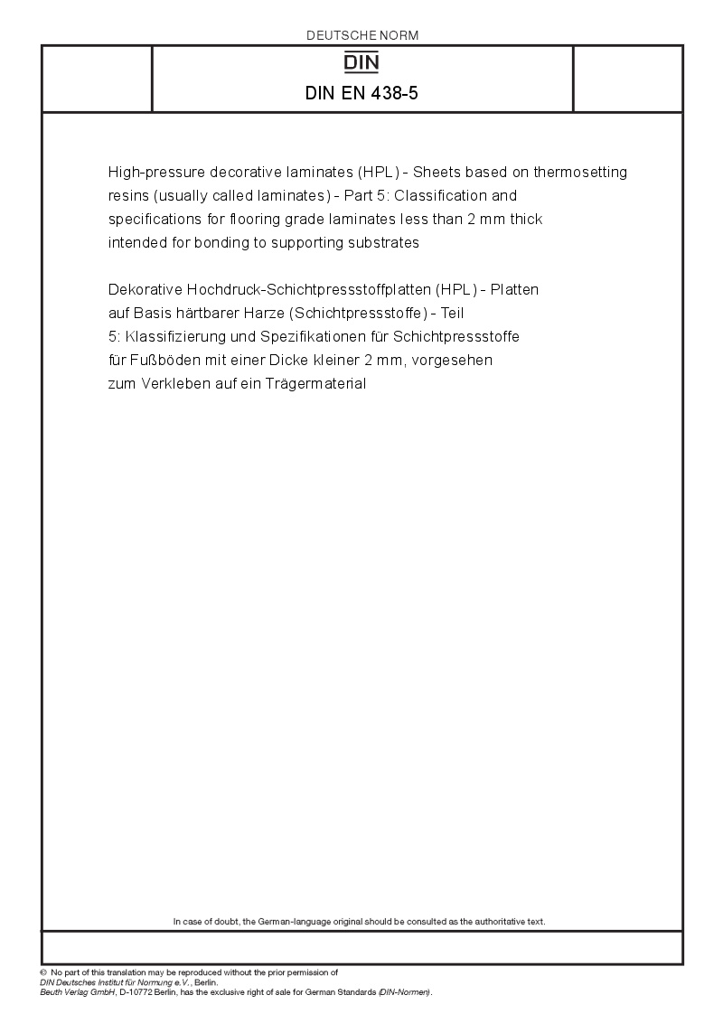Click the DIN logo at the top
(362, 62)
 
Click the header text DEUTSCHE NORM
(362, 35)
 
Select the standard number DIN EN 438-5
(362, 92)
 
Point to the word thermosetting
(580, 172)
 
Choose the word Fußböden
(160, 360)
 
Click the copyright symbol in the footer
(43, 972)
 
